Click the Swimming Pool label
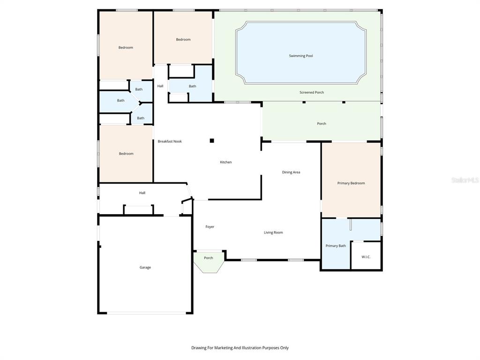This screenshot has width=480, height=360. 300,56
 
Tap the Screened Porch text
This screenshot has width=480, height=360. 312,92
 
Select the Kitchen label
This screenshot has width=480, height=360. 226,162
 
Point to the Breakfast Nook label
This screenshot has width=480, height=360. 170,141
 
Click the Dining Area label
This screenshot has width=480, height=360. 291,172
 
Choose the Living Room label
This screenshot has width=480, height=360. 273,232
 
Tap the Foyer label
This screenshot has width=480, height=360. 210,227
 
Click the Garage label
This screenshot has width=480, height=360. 145,267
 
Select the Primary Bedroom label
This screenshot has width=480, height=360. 351,183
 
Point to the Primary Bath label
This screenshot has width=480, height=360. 336,246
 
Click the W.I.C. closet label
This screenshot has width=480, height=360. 366,257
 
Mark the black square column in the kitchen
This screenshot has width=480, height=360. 212,140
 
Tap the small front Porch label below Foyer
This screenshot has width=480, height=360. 209,258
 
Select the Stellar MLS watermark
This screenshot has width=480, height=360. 465,180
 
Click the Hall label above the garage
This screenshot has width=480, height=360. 142,193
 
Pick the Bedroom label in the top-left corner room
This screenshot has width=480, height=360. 126,47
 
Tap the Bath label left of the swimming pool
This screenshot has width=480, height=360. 193,86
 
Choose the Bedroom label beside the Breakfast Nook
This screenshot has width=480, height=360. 126,154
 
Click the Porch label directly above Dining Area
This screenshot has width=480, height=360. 322,124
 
